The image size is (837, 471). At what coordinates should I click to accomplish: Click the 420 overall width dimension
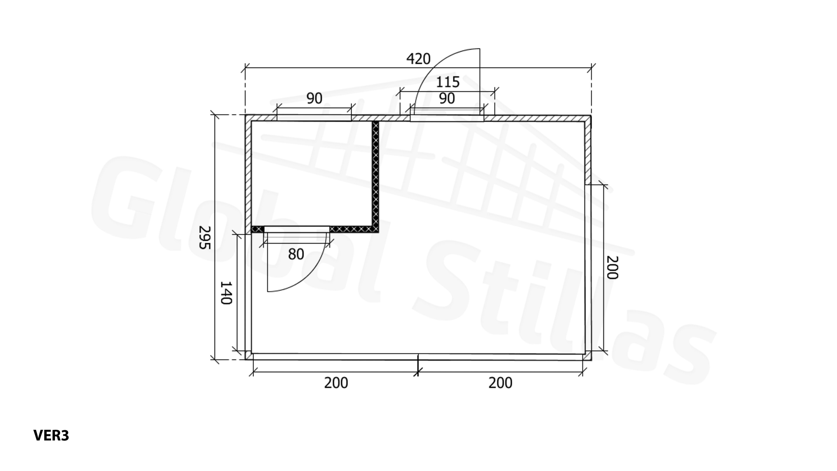tap(418, 59)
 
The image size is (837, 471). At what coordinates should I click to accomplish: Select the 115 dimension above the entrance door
tap(448, 82)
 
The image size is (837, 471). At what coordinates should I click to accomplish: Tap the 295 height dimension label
tap(205, 237)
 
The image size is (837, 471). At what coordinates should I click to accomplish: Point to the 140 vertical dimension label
tap(226, 293)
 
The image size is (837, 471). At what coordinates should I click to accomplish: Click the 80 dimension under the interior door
tap(296, 254)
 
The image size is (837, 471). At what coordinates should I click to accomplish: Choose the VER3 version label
tap(51, 435)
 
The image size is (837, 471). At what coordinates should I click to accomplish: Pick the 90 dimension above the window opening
tap(315, 98)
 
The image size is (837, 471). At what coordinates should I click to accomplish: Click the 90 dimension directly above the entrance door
tap(447, 98)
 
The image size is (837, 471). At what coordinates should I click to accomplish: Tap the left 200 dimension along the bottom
tap(336, 383)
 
